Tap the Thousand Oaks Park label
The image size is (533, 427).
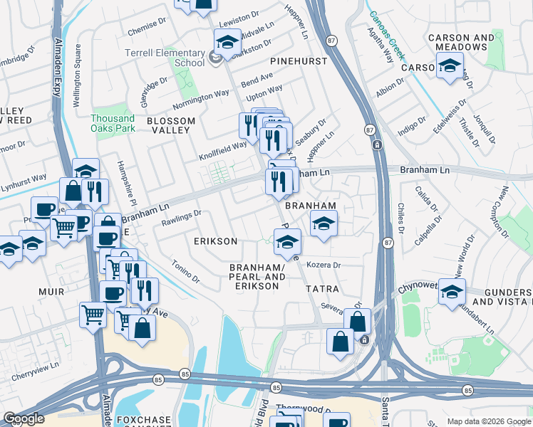pyautogui.click(x=113, y=123)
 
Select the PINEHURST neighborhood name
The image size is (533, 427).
pyautogui.click(x=299, y=61)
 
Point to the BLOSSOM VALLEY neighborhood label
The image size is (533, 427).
pyautogui.click(x=171, y=121)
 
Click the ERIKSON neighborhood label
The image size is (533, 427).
pyautogui.click(x=215, y=241)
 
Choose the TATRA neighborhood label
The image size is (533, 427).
pyautogui.click(x=322, y=290)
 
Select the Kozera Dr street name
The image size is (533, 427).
pyautogui.click(x=324, y=265)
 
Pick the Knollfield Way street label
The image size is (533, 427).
pyautogui.click(x=223, y=148)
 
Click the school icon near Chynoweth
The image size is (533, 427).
pyautogui.click(x=452, y=292)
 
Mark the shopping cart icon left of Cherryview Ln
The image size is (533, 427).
pyautogui.click(x=93, y=314)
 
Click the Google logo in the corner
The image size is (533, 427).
pyautogui.click(x=24, y=418)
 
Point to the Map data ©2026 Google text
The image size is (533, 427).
pyautogui.click(x=489, y=421)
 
